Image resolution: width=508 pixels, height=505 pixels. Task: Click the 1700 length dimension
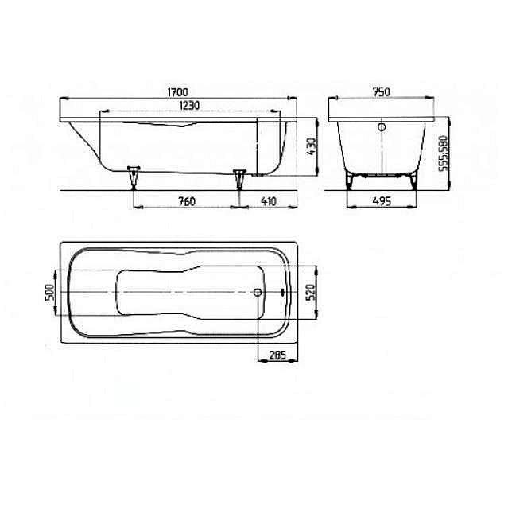coord(177,92)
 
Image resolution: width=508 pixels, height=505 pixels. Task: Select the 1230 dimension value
coord(189,105)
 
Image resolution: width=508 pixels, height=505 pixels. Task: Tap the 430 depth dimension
coord(312,146)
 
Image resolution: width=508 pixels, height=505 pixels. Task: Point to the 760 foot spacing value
coord(187,202)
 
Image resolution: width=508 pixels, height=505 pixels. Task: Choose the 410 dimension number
coord(269,202)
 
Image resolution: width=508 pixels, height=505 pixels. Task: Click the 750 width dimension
coord(382,92)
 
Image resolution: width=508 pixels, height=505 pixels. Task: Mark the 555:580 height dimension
coord(443,153)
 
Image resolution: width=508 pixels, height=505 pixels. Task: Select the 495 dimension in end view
coord(382,201)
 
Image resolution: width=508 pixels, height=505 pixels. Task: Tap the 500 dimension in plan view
coord(49,293)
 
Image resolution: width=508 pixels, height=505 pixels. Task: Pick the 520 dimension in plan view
coord(311,293)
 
